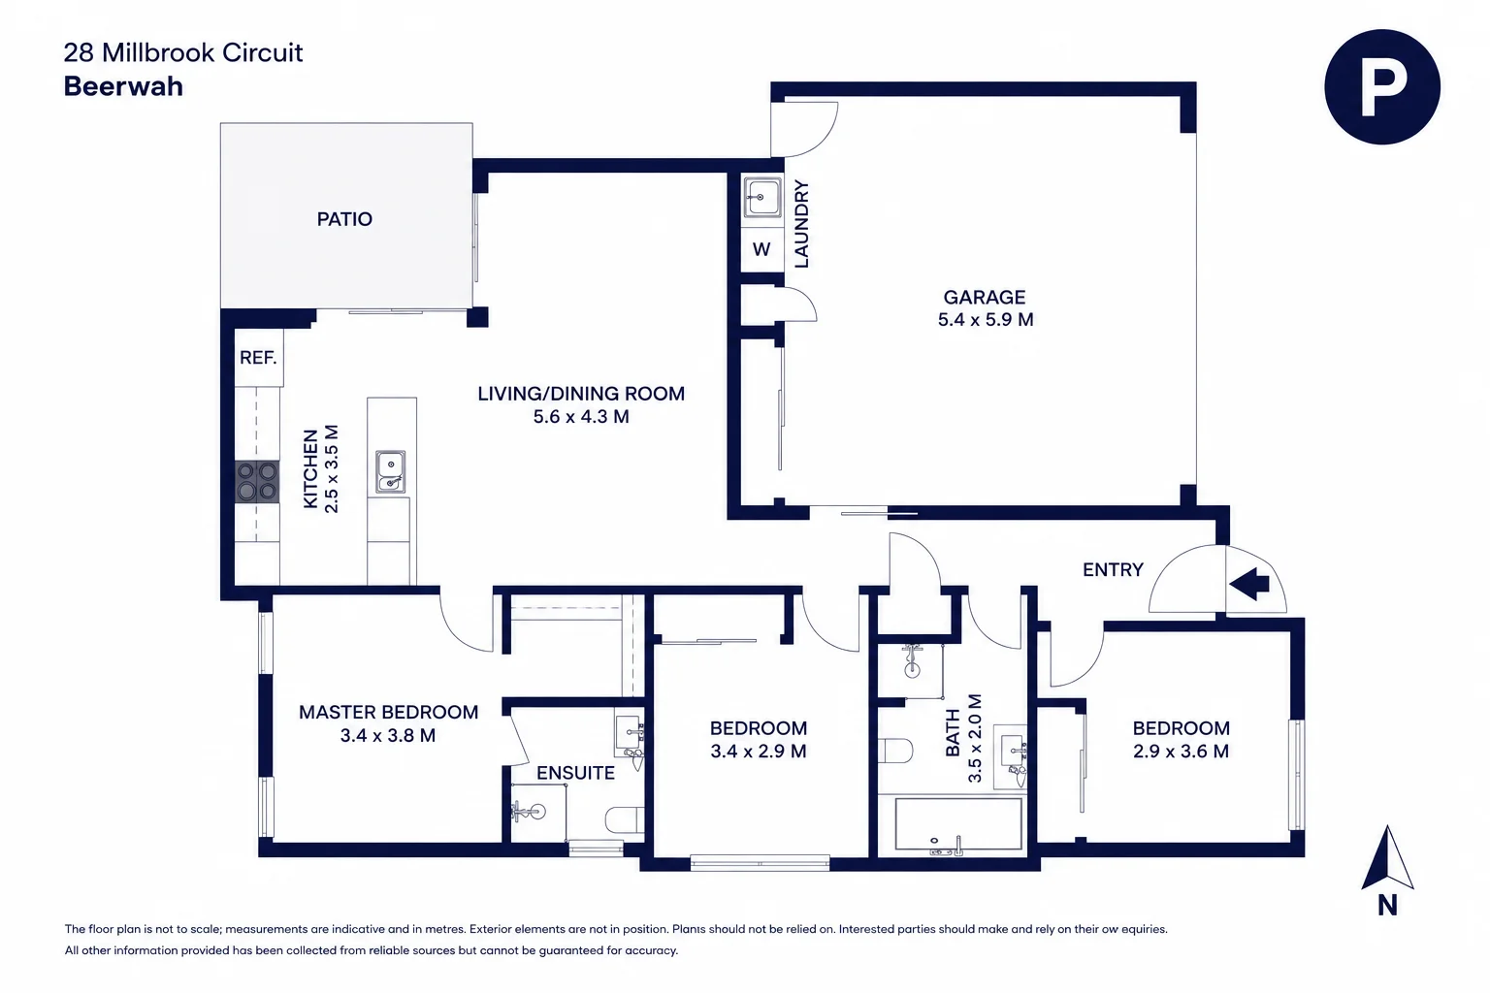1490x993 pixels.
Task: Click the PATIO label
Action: pos(344,219)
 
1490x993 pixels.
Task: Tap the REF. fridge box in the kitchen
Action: pos(258,358)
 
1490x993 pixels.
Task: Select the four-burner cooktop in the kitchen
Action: pos(257,481)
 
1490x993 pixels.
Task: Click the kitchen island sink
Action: pos(391,471)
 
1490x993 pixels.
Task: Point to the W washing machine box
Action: pos(761,250)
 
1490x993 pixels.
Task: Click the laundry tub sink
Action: pos(762,197)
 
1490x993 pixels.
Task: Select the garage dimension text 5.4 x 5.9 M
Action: pos(986,320)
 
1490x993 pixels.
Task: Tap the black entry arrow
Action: pos(1249,585)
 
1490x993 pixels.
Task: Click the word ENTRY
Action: pos(1113,569)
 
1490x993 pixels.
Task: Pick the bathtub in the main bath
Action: pos(957,824)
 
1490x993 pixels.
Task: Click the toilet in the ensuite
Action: pos(625,819)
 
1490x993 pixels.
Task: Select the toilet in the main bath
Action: pos(894,751)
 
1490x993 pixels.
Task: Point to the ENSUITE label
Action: pos(575,773)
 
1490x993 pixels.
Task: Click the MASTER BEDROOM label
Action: pos(388,713)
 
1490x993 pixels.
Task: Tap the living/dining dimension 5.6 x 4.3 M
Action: pos(581,417)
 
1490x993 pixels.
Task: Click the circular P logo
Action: pos(1382,86)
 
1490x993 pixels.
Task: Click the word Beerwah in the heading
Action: pos(123,86)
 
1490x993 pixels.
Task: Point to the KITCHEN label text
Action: pos(310,469)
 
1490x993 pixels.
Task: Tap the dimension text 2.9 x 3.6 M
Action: pos(1181,752)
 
